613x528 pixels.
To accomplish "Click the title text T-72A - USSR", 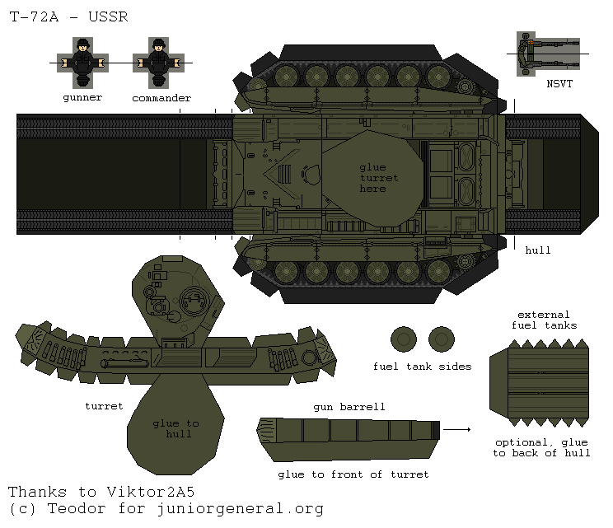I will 69,17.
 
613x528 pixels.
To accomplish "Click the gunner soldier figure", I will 82,61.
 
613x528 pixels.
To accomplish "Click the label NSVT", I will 559,83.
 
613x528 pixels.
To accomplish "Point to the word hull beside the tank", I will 537,250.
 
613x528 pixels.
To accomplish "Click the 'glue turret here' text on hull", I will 378,178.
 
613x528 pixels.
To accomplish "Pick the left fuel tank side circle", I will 404,339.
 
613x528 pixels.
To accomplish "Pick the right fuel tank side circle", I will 442,339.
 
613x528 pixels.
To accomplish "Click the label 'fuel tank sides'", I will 422,367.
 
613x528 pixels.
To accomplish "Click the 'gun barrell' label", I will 349,407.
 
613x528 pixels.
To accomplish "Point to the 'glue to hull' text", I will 175,428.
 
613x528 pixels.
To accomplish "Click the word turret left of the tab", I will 104,406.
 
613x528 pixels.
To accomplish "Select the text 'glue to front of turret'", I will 353,474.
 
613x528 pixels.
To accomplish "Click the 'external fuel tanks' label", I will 543,320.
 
